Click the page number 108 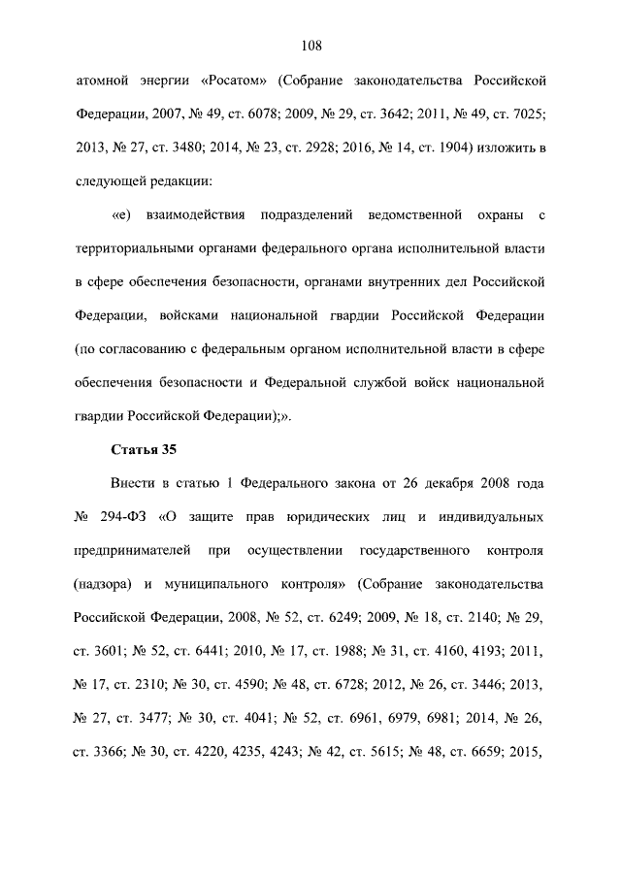tap(310, 46)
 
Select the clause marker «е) tap(120, 214)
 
